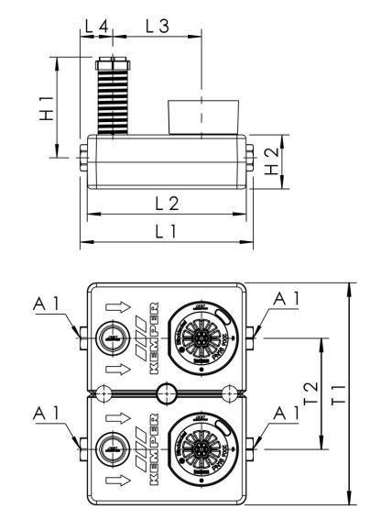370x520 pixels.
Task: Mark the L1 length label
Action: (165, 231)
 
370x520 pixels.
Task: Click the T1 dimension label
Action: (337, 393)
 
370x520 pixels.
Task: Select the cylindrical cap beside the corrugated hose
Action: (202, 117)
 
